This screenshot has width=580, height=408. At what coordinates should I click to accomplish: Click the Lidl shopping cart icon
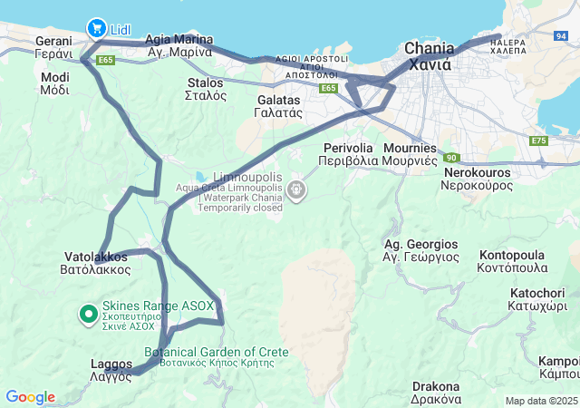pyautogui.click(x=96, y=29)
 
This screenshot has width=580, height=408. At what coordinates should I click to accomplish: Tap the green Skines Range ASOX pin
pyautogui.click(x=89, y=314)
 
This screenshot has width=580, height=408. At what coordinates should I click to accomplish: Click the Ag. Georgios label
pyautogui.click(x=420, y=251)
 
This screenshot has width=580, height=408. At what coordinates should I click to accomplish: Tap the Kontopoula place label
pyautogui.click(x=513, y=261)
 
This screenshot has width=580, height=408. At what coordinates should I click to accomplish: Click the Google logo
pyautogui.click(x=30, y=397)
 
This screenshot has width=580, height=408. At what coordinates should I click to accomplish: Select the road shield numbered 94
pyautogui.click(x=562, y=36)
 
